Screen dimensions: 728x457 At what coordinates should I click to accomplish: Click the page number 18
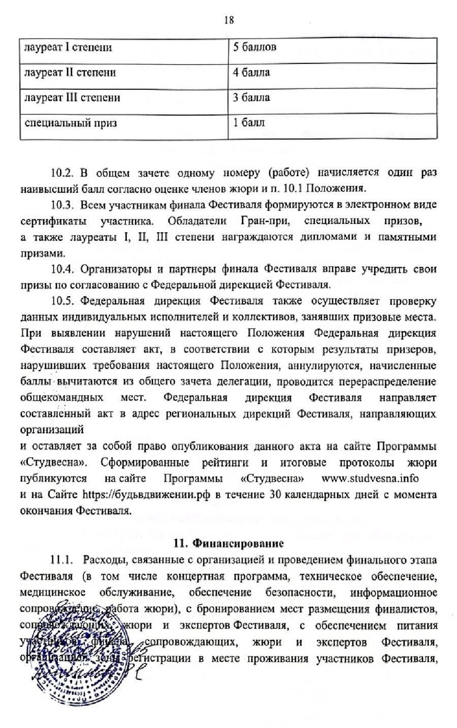228,20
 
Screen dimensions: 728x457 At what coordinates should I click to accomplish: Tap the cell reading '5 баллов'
255,48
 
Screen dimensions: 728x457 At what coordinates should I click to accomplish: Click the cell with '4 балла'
252,73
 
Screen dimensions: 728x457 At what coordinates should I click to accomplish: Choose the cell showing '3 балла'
252,97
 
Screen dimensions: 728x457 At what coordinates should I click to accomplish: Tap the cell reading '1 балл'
249,122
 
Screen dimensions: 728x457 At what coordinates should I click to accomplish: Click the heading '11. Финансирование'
228,544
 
